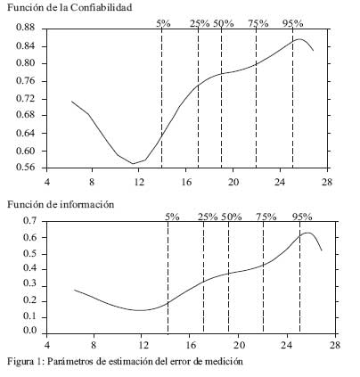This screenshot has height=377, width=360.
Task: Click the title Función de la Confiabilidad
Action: [70, 7]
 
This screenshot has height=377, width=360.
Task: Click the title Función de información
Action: [61, 204]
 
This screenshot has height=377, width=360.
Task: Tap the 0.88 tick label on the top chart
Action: [25, 28]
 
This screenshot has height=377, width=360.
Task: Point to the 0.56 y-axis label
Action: [25, 168]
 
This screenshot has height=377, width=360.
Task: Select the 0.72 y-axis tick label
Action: [25, 98]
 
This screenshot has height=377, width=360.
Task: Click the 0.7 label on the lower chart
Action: [29, 220]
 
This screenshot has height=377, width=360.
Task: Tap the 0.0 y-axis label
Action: [29, 331]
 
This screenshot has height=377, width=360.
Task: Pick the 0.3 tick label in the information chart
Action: [29, 283]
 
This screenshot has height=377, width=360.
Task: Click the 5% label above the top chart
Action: [164, 23]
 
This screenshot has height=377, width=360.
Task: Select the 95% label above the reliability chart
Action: [293, 23]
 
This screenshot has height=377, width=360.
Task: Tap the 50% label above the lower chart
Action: [232, 217]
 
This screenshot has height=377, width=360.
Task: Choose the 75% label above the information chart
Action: [266, 217]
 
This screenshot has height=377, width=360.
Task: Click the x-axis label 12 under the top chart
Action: [139, 182]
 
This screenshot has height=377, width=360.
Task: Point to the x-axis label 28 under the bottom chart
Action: [335, 345]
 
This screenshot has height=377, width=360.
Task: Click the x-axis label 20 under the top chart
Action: [233, 182]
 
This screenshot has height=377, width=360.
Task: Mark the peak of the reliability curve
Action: [299, 39]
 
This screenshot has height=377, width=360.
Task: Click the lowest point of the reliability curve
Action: [133, 163]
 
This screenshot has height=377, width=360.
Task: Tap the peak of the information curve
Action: [307, 233]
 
